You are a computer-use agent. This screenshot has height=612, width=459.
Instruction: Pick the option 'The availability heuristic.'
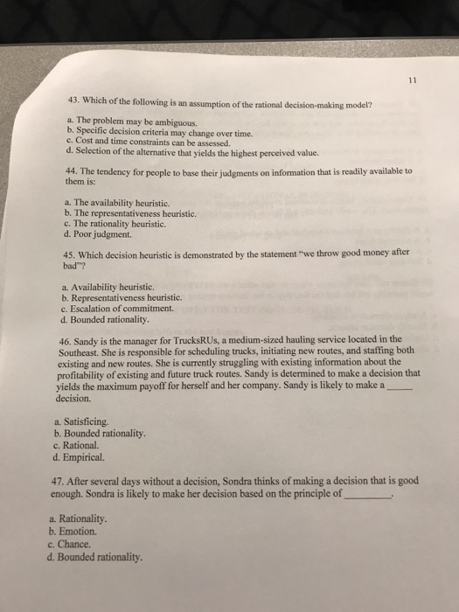point(127,202)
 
